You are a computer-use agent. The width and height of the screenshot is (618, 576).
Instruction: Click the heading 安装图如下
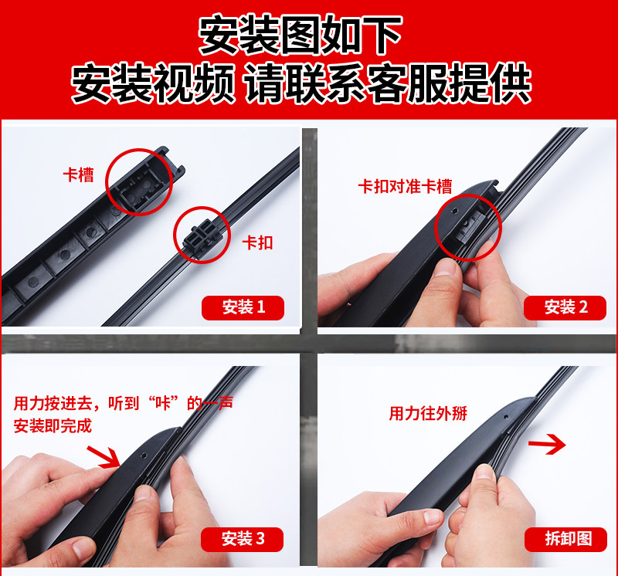tap(300, 35)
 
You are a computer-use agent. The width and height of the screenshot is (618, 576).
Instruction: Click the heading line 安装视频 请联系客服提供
tap(301, 83)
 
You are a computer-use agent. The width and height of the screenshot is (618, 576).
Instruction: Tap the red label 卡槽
tap(79, 175)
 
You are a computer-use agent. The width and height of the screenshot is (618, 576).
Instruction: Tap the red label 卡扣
tap(257, 242)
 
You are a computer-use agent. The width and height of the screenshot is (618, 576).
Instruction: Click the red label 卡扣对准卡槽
tap(405, 186)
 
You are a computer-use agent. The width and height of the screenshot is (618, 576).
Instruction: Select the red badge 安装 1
tap(243, 307)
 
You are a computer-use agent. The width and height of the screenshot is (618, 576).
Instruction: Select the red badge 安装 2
tap(565, 307)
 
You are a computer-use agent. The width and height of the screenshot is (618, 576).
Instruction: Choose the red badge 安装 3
tap(242, 539)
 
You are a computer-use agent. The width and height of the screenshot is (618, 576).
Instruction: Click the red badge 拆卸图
tap(565, 539)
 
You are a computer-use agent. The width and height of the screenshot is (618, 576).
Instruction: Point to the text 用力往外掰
tap(428, 413)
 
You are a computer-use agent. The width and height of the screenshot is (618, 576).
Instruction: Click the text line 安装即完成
tap(53, 426)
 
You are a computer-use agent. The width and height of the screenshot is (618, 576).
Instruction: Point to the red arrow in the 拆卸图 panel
tap(547, 445)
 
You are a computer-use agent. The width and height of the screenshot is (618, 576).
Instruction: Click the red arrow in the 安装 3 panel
tap(104, 457)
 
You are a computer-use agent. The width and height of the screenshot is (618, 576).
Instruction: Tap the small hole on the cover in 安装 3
tap(143, 455)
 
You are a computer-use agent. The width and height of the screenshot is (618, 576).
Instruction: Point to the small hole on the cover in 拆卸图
tap(506, 416)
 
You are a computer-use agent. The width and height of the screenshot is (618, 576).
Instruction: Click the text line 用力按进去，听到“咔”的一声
tap(124, 403)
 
